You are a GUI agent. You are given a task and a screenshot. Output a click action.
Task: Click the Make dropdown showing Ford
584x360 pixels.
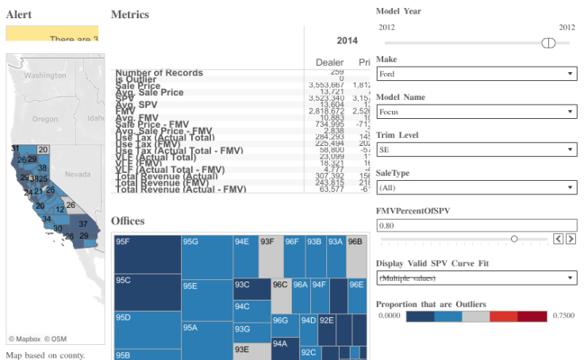[476, 74]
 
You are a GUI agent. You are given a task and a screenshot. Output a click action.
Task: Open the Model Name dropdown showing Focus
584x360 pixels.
[476, 112]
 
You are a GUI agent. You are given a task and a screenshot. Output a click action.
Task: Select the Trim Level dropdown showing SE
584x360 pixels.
[476, 150]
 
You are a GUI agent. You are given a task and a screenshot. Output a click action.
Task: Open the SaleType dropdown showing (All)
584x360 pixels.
[476, 188]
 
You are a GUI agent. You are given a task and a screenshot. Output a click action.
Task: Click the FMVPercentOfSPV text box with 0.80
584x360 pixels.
[476, 226]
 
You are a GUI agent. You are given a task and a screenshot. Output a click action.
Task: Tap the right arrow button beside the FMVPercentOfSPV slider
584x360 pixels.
[571, 239]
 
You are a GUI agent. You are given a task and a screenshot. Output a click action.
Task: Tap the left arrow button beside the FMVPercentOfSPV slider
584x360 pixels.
[559, 239]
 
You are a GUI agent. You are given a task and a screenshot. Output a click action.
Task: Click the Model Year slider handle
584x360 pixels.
[547, 43]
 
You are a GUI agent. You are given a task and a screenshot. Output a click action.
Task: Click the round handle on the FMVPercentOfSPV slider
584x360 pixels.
[514, 239]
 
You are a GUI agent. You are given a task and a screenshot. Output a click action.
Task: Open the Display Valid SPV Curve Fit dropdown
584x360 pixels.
[476, 278]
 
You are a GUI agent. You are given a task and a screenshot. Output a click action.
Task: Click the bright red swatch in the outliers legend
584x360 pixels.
[504, 316]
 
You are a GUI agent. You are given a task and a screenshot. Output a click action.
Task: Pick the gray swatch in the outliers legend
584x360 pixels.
[476, 316]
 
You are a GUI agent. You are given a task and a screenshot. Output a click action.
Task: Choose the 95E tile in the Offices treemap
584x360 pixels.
[206, 297]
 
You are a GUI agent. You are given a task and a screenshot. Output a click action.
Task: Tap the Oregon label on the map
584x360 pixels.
[45, 119]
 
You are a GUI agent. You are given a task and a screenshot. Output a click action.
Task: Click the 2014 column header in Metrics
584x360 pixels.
[347, 40]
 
